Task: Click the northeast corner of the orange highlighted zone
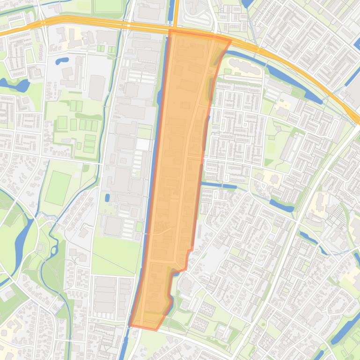[x=230, y=41]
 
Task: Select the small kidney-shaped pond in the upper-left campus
[x=62, y=60]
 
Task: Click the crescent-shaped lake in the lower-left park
[x=21, y=243]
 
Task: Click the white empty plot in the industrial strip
[x=143, y=144]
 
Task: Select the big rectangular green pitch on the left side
[x=58, y=187]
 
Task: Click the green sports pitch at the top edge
[x=108, y=6]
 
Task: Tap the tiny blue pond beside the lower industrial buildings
[x=107, y=198]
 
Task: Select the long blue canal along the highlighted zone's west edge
[x=152, y=187]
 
